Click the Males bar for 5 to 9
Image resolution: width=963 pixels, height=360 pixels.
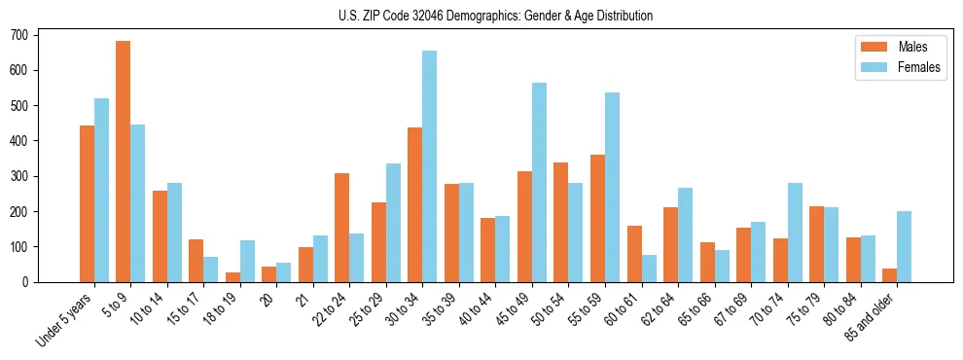pyautogui.click(x=124, y=162)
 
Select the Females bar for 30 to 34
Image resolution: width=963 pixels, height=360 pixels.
pyautogui.click(x=429, y=166)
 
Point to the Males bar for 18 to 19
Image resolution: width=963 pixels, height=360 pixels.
pyautogui.click(x=232, y=277)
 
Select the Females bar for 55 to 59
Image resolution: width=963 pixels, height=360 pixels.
pyautogui.click(x=612, y=187)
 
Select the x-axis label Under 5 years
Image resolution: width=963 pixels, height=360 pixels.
pyautogui.click(x=66, y=318)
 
